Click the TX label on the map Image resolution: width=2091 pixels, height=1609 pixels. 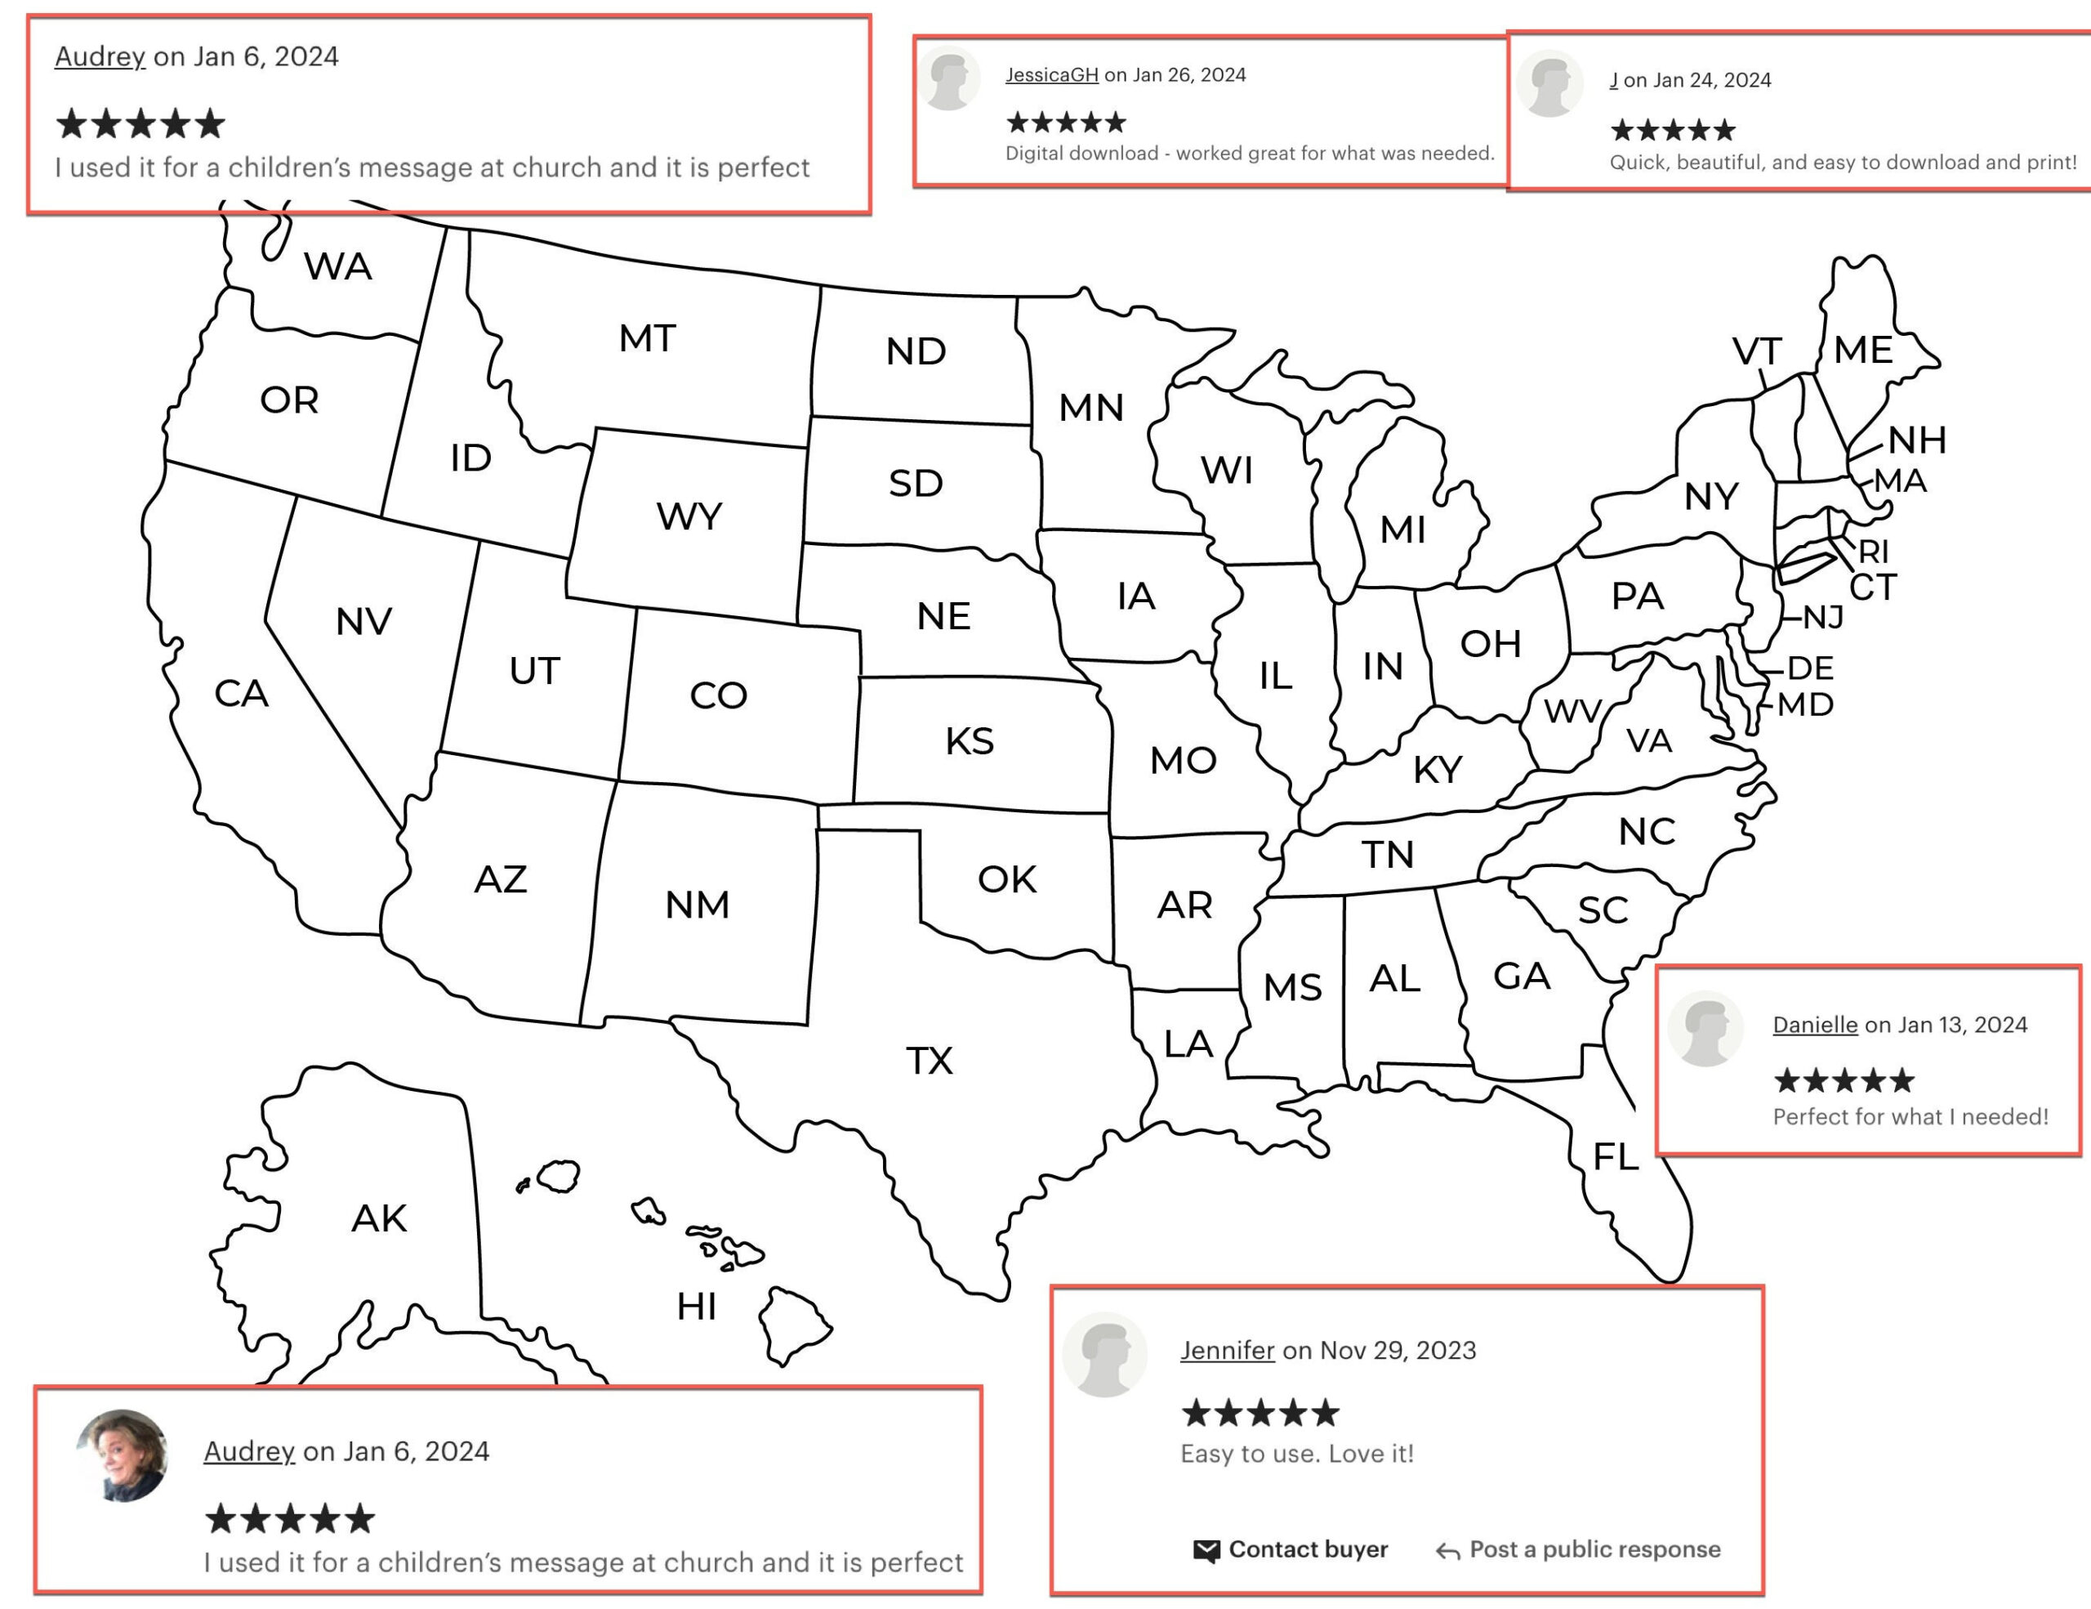pyautogui.click(x=929, y=1060)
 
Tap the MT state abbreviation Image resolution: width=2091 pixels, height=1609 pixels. pyautogui.click(x=647, y=338)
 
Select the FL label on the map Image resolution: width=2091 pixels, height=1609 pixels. pyautogui.click(x=1615, y=1157)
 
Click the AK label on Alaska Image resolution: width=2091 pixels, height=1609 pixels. pyautogui.click(x=379, y=1218)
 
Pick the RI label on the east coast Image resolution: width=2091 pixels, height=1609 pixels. pyautogui.click(x=1873, y=552)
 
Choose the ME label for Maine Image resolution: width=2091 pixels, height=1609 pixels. pyautogui.click(x=1862, y=350)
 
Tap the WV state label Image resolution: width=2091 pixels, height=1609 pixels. pyautogui.click(x=1572, y=711)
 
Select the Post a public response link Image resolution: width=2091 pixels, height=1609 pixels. pyautogui.click(x=1594, y=1549)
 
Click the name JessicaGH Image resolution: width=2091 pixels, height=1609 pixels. pyautogui.click(x=1051, y=74)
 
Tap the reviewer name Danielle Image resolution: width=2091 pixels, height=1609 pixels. pyautogui.click(x=1814, y=1025)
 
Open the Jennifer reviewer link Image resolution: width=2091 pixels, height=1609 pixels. pyautogui.click(x=1227, y=1351)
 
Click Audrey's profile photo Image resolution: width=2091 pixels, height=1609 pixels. pyautogui.click(x=123, y=1455)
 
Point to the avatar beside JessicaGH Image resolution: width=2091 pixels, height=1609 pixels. pyautogui.click(x=950, y=79)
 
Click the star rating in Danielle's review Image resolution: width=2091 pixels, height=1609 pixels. pyautogui.click(x=1843, y=1080)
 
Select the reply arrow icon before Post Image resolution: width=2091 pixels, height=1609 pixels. pyautogui.click(x=1447, y=1551)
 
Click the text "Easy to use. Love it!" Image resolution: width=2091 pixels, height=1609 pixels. pyautogui.click(x=1296, y=1454)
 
